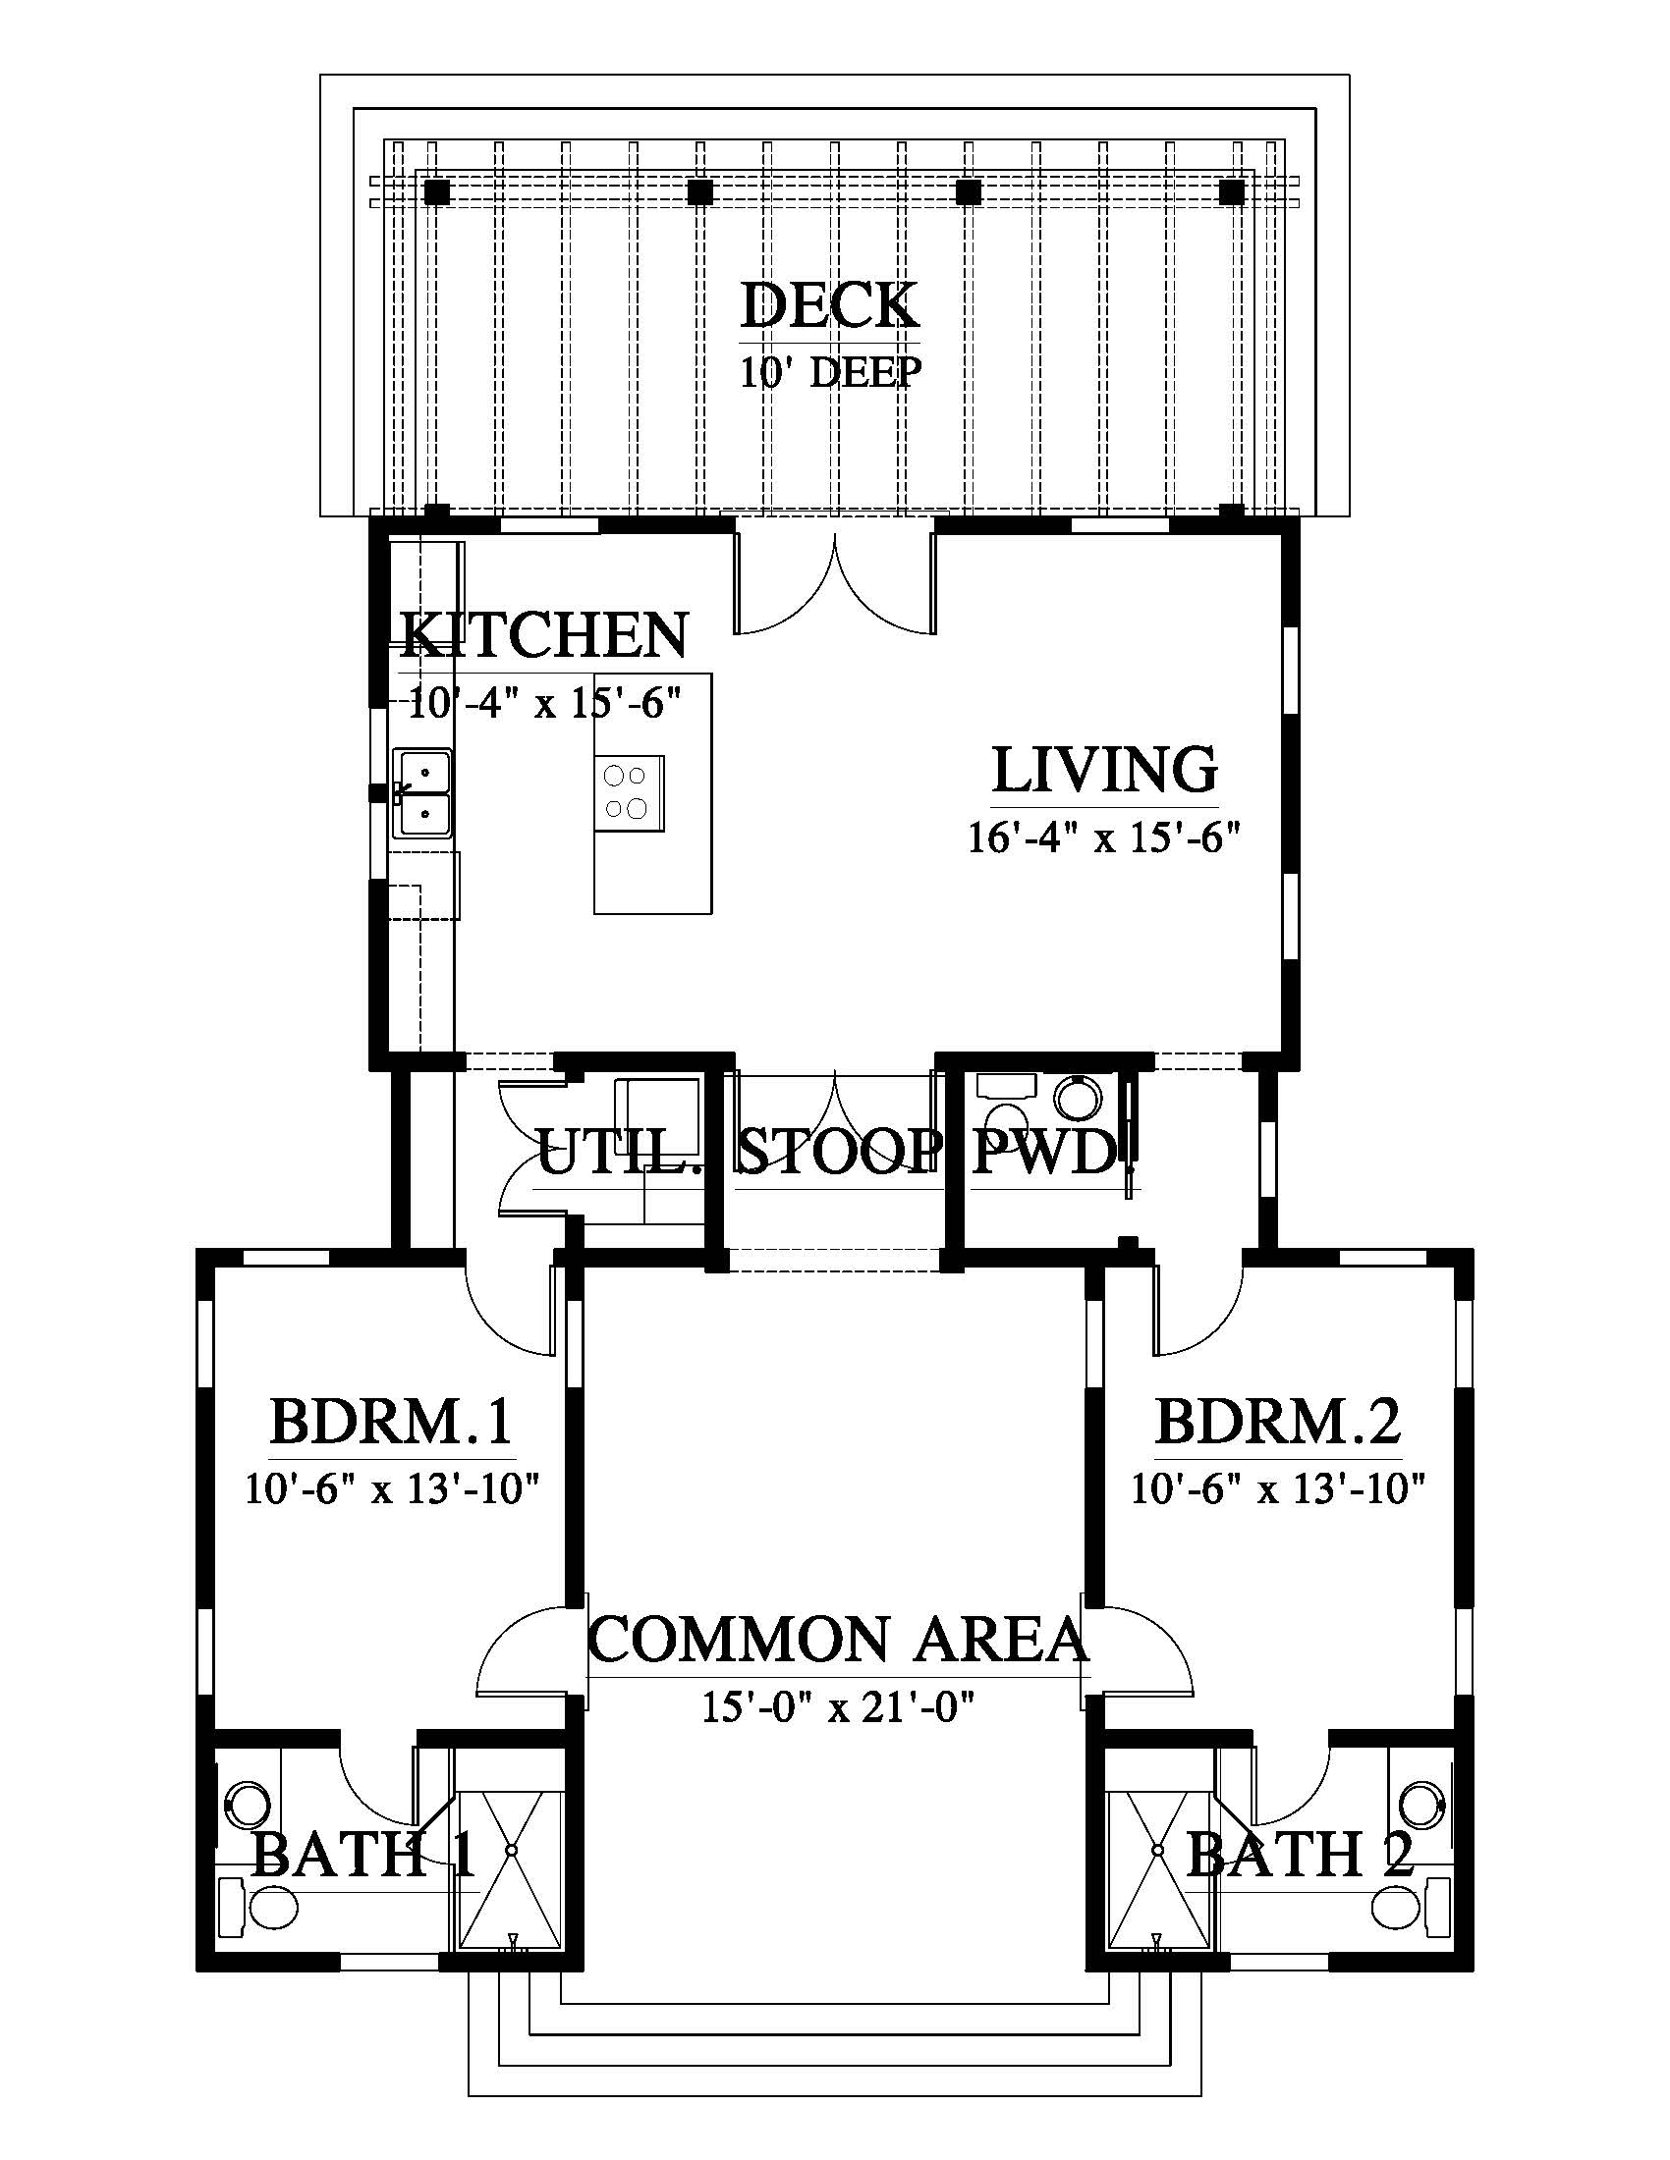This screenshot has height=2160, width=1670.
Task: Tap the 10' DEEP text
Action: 831,372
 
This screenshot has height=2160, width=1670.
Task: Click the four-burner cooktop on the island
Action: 630,792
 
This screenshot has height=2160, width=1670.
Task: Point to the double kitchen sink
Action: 422,793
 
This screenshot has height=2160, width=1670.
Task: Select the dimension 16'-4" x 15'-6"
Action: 1103,838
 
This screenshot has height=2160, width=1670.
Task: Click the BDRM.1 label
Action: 391,1423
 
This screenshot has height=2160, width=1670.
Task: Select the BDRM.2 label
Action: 1278,1423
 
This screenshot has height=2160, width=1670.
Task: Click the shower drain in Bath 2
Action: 1156,1850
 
